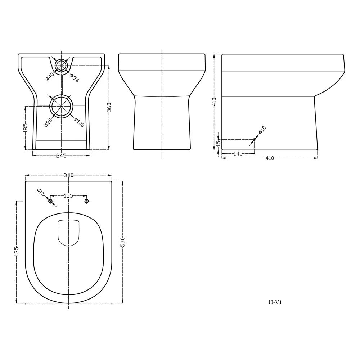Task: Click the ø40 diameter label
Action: click(x=50, y=76)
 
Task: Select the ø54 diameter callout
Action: click(x=74, y=78)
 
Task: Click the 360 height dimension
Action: click(x=109, y=107)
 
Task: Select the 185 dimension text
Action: click(x=25, y=128)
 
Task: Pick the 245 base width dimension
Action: click(x=61, y=156)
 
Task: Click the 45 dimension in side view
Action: click(x=218, y=144)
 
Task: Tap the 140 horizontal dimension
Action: click(x=238, y=153)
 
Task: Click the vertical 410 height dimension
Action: click(x=215, y=102)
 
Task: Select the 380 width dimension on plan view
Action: click(x=68, y=175)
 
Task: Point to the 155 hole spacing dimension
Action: click(x=68, y=196)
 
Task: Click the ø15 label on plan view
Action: click(x=41, y=193)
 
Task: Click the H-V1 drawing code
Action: click(x=275, y=302)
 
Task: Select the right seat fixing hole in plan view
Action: click(x=86, y=201)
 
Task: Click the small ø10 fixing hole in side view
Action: click(x=255, y=139)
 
